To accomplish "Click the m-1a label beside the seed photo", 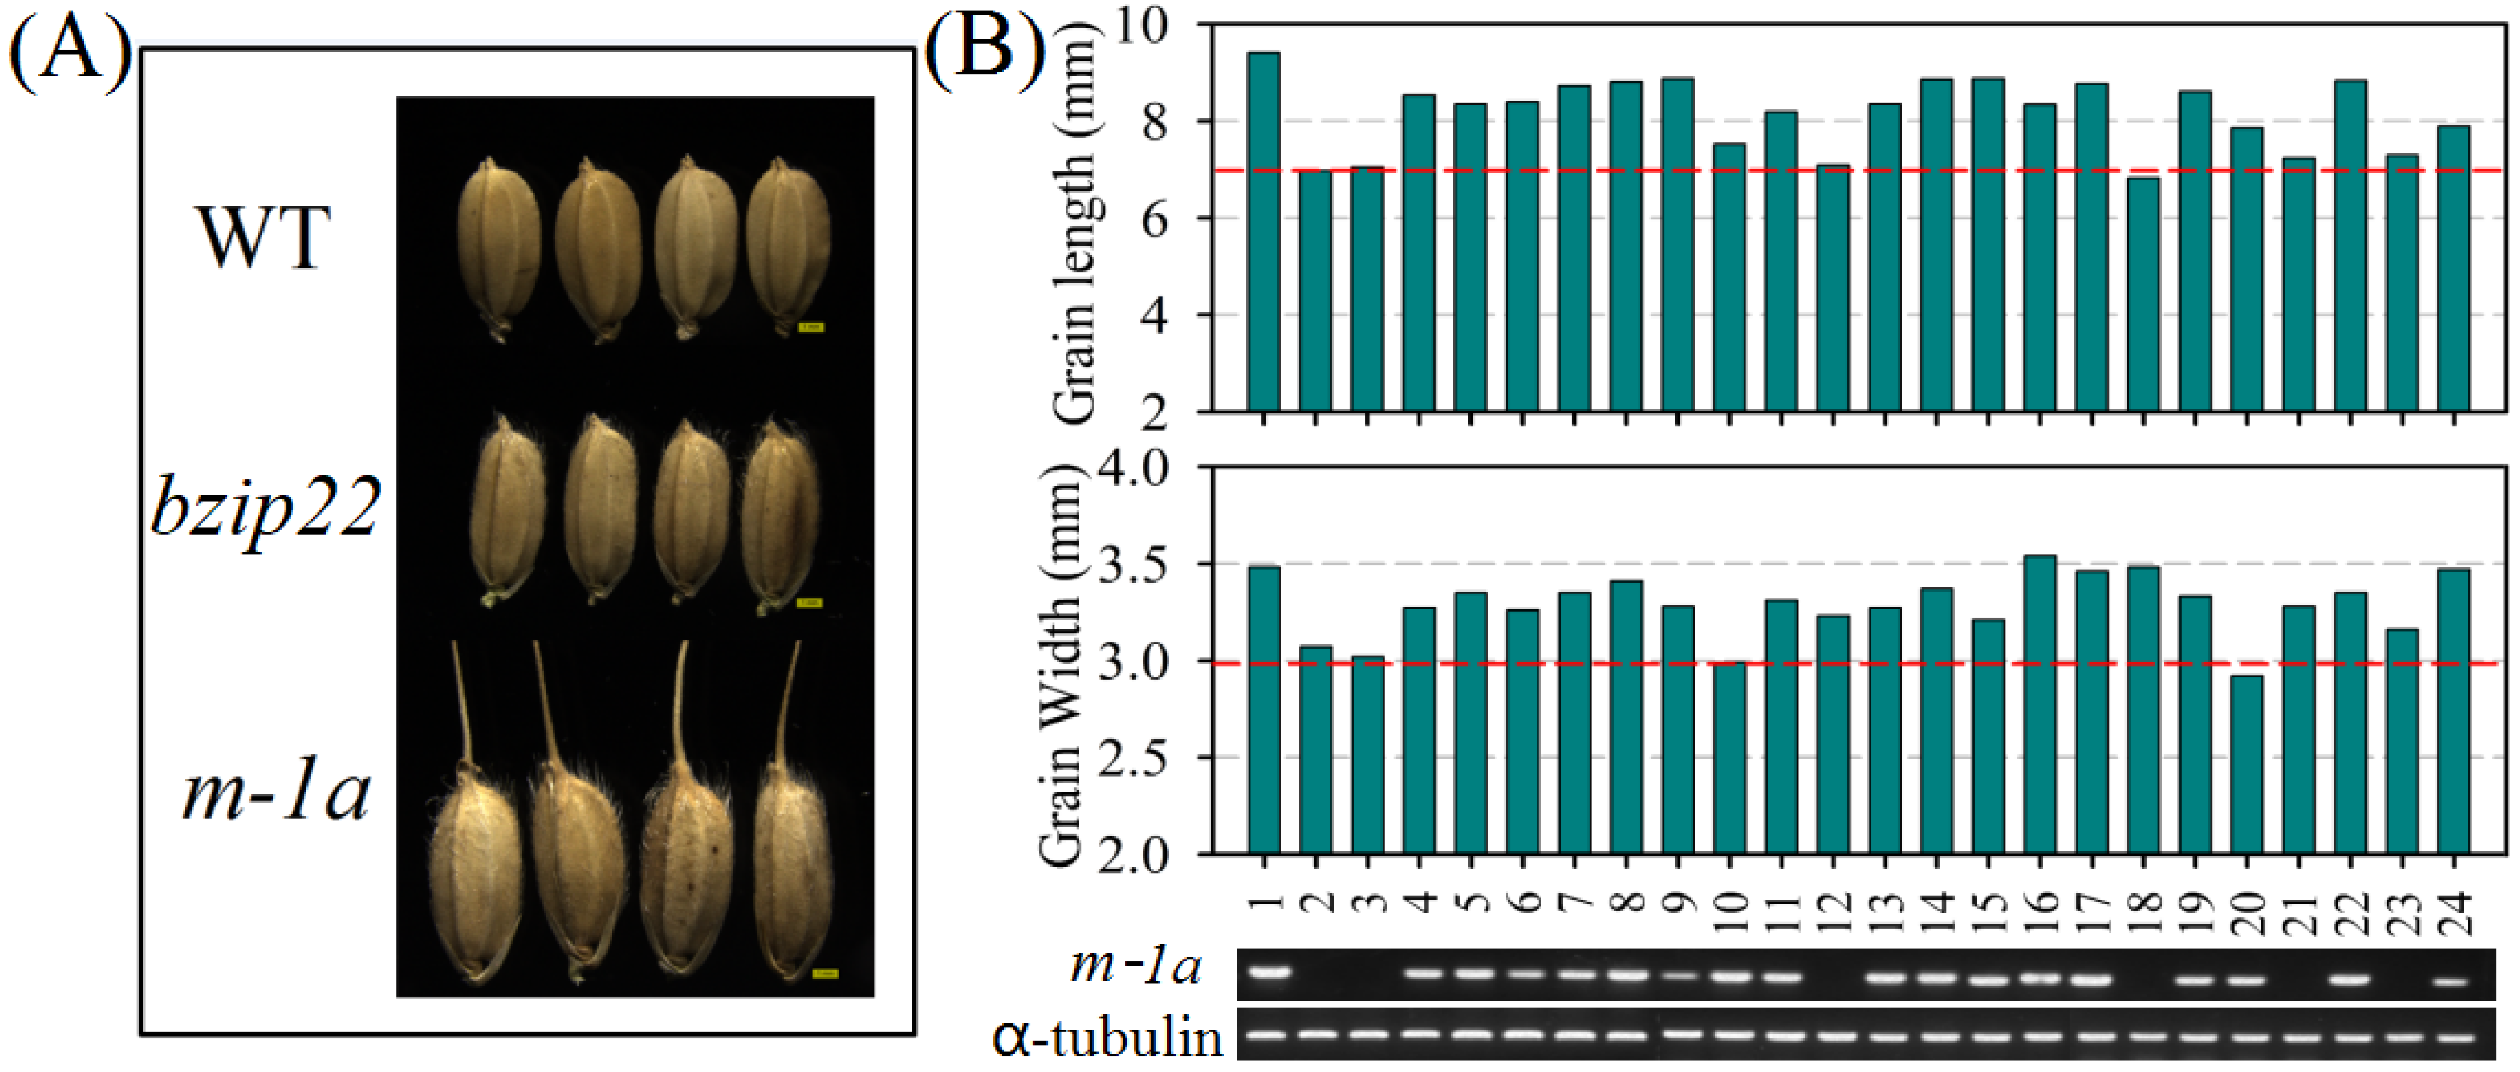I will [276, 792].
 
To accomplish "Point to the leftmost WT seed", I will [499, 249].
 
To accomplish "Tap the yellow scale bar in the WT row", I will [811, 328].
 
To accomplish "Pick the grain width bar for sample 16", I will [2040, 704].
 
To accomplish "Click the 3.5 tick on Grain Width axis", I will [1135, 565].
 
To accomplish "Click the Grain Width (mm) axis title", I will [1062, 665].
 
